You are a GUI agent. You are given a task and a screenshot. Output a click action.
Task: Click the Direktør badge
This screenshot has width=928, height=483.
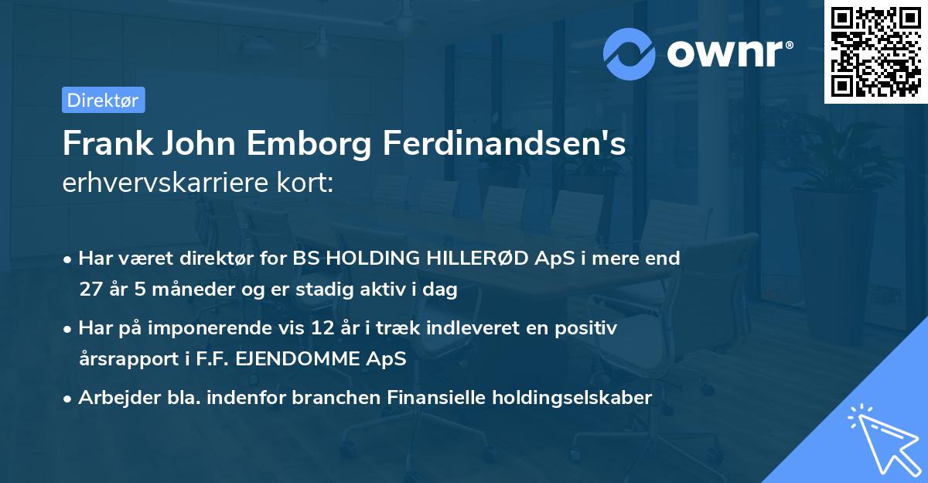(x=103, y=100)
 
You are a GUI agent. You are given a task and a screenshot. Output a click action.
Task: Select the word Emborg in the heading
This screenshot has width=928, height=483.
(x=326, y=144)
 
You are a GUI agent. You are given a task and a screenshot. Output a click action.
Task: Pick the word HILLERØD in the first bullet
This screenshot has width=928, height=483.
(x=483, y=259)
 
